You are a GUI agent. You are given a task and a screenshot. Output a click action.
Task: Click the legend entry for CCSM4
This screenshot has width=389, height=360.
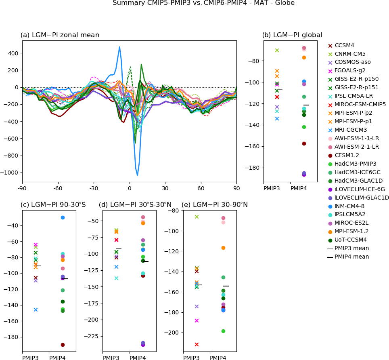[x=344, y=46]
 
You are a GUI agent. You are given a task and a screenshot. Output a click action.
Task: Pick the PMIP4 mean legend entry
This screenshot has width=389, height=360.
[x=351, y=257]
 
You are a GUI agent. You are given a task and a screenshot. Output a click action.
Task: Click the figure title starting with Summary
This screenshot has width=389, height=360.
[x=203, y=3]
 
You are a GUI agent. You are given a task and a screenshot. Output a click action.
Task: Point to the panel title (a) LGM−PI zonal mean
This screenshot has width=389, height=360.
[x=60, y=35]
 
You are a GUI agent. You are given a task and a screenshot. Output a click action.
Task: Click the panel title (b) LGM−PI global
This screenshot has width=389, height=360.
[x=292, y=35]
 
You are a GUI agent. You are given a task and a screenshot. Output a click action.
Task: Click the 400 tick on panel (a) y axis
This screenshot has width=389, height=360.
[x=13, y=53]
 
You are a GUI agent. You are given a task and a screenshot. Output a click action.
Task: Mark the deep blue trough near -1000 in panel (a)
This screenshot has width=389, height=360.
[x=138, y=175]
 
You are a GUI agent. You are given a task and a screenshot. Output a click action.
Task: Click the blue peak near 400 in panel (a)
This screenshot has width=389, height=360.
[x=119, y=47]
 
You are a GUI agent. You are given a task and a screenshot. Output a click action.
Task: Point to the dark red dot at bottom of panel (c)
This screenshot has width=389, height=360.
[x=63, y=345]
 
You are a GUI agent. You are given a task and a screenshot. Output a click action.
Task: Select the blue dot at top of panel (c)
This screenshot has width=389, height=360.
[x=63, y=217]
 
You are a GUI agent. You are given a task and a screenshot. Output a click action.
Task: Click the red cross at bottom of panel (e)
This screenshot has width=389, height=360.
[x=197, y=344]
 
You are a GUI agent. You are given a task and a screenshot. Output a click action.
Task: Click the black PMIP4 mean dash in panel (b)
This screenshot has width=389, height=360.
[x=306, y=105]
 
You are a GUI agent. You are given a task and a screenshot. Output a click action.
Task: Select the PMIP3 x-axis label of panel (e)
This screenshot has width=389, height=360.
[x=191, y=358]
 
